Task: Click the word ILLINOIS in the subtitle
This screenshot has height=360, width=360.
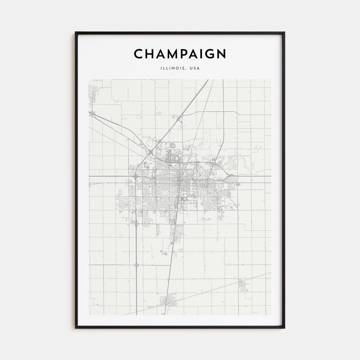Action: click(172, 68)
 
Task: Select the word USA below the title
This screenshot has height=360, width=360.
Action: click(195, 68)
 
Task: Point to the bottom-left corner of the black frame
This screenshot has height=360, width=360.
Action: click(76, 328)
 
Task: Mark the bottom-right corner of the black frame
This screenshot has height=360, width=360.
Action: click(284, 328)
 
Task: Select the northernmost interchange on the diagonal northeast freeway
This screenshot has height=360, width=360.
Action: click(180, 118)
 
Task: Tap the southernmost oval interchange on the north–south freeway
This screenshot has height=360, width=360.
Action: click(136, 265)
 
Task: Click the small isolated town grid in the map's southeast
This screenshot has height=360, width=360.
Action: click(242, 285)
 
